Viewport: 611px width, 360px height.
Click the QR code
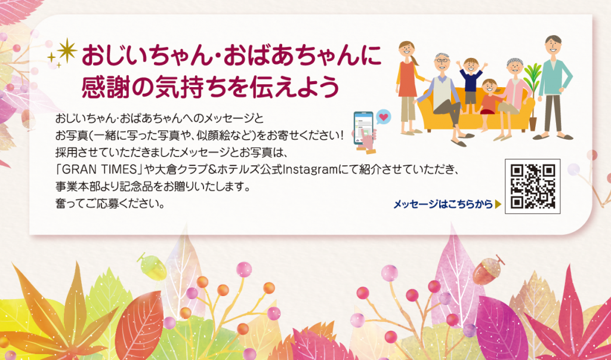point(533,186)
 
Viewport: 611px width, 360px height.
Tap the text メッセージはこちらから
point(443,204)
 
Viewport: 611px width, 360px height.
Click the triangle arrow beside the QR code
point(498,204)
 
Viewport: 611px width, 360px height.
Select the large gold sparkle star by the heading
point(67,51)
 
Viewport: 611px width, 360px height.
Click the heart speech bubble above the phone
point(384,117)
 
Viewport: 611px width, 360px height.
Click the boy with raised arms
point(471,81)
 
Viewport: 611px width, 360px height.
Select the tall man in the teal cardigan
point(553,87)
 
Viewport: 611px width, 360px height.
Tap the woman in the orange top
point(408,88)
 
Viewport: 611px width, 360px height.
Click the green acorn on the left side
point(152,266)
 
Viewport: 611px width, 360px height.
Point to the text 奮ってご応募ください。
point(110,204)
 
